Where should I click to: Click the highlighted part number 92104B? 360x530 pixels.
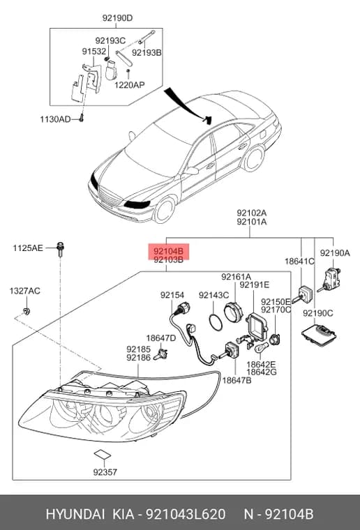168,251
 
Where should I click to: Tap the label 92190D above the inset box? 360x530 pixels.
118,18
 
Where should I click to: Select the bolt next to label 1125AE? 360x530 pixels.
61,250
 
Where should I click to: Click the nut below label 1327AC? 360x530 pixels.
26,310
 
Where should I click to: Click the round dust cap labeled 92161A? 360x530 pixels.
233,312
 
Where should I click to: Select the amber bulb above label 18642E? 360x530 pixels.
262,347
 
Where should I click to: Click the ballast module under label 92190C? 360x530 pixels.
319,334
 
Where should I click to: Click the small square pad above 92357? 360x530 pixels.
102,454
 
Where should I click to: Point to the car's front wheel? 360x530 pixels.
164,210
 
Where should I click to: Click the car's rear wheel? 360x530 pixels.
253,158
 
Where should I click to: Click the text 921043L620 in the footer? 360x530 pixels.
186,514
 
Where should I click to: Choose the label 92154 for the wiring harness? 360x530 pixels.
172,295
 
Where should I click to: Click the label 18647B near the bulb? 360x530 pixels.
237,381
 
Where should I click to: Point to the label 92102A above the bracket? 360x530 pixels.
251,213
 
